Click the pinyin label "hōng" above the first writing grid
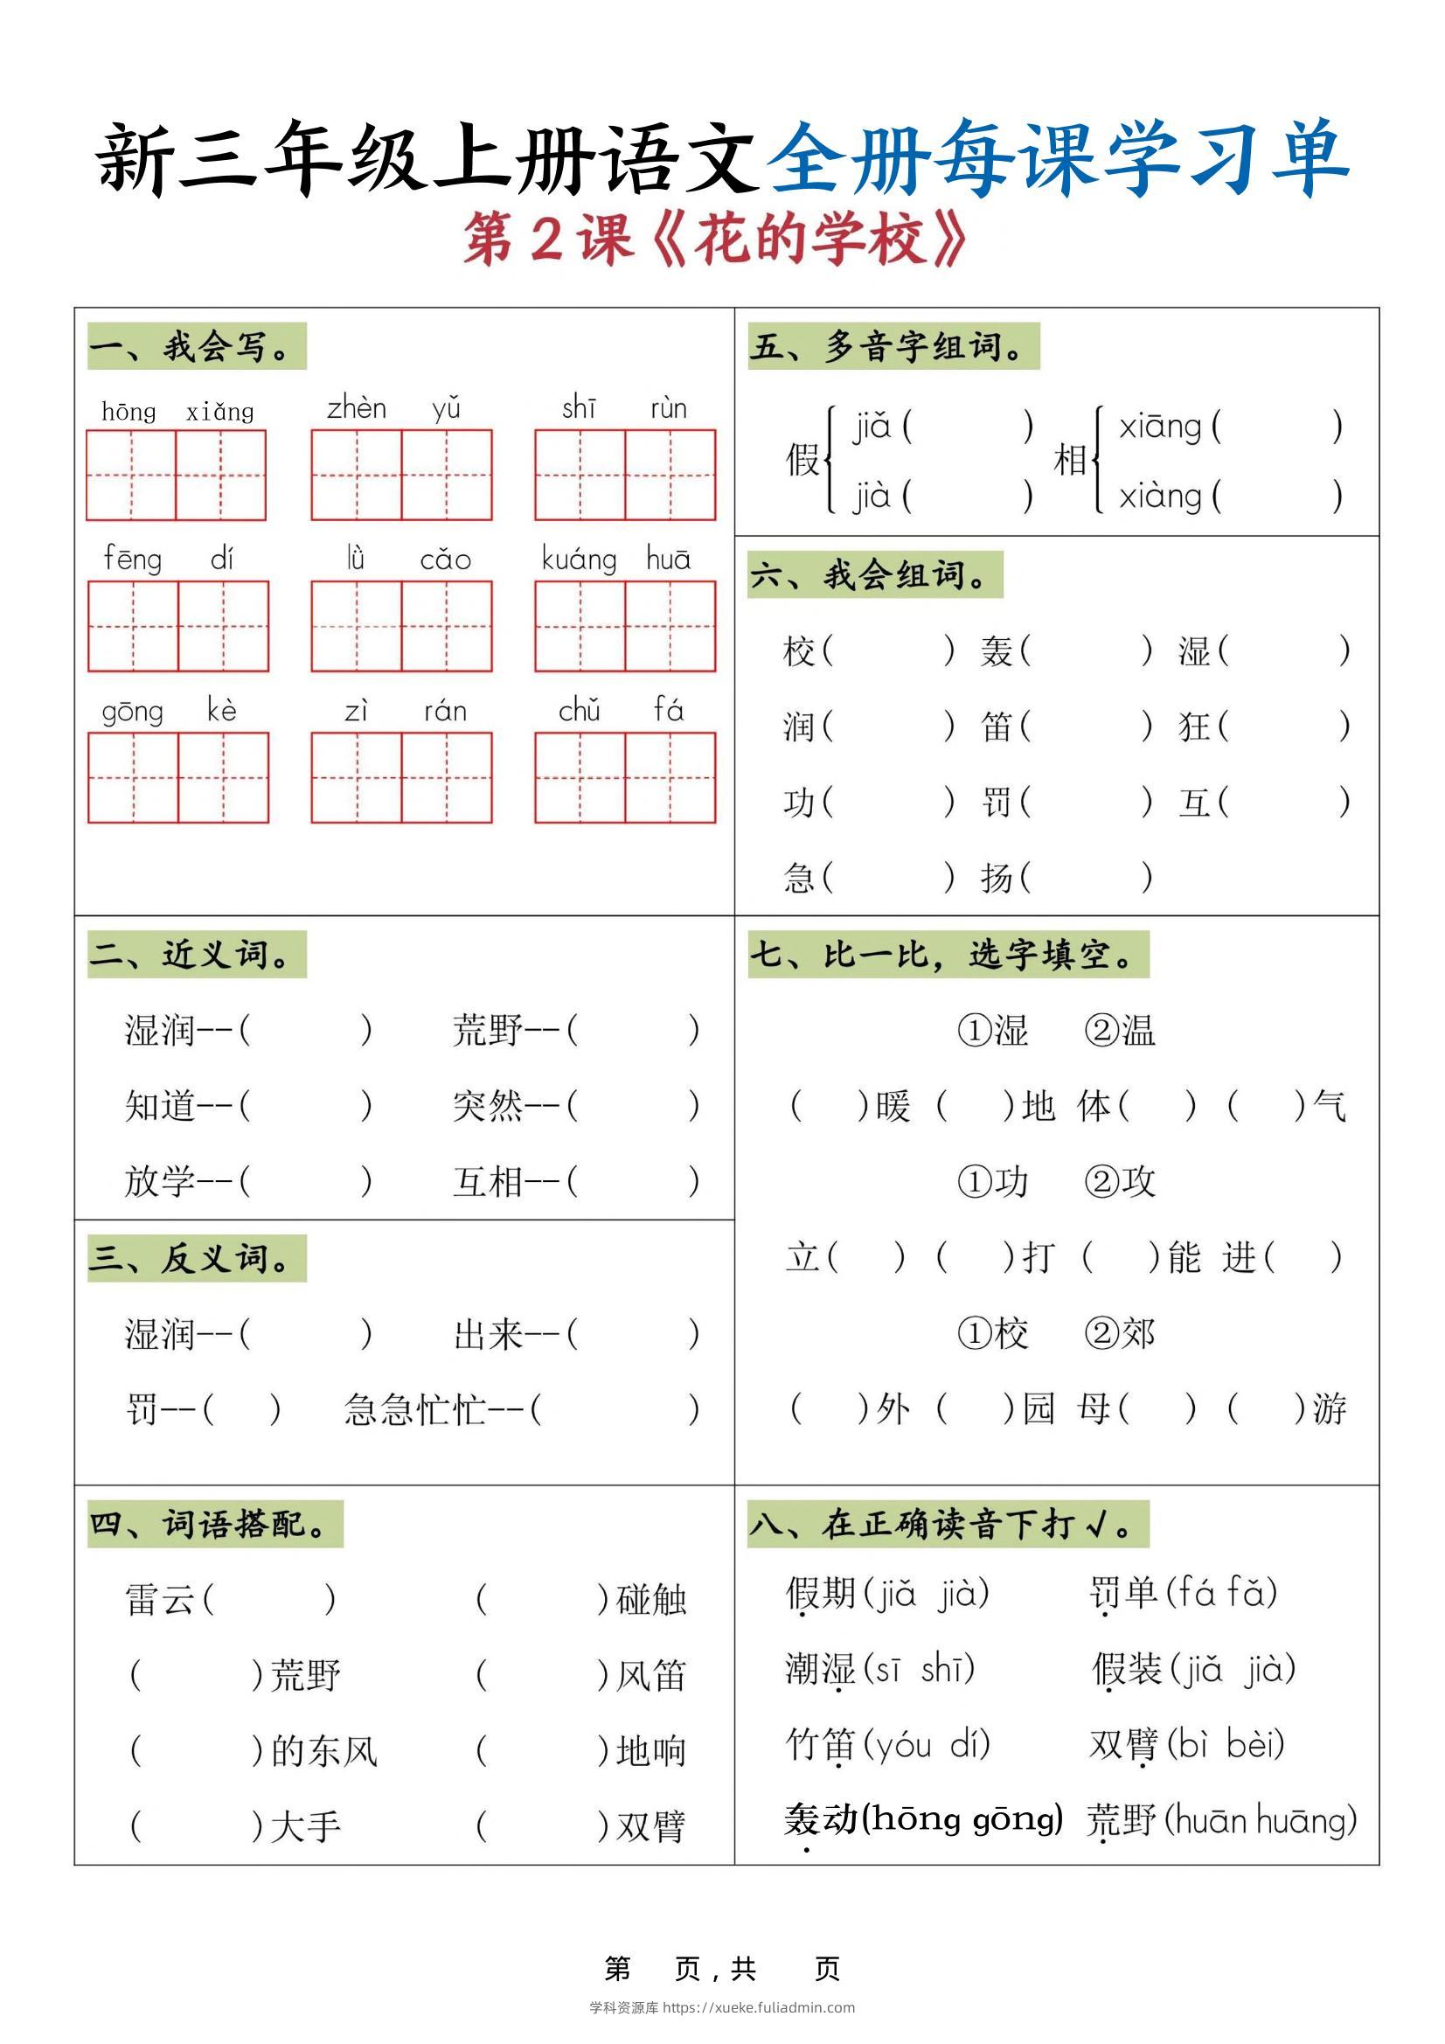129,411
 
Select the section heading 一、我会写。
196,346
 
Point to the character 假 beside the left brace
802,460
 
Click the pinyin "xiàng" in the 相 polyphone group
1159,496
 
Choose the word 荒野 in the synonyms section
487,1030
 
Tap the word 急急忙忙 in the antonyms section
415,1409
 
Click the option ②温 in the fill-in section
1120,1030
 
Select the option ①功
993,1182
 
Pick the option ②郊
1120,1333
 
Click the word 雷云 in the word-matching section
160,1600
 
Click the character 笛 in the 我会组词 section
997,727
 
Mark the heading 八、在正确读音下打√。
948,1524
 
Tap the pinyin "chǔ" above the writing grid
579,711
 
